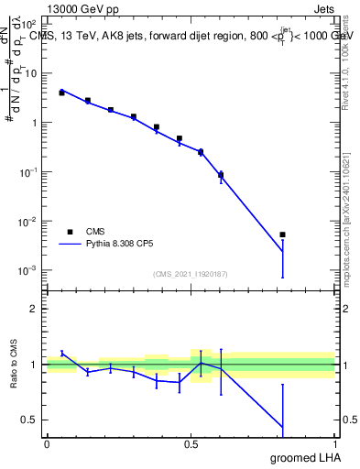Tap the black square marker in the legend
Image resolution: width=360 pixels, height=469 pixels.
point(70,232)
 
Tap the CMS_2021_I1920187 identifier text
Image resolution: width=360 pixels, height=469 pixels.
point(190,274)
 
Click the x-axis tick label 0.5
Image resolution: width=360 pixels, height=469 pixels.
point(191,443)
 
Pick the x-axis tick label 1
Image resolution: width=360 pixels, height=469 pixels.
point(334,443)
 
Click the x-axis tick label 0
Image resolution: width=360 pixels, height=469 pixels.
point(47,443)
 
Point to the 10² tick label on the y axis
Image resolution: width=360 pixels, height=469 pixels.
point(28,24)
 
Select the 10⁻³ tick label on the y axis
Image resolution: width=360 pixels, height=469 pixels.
point(28,271)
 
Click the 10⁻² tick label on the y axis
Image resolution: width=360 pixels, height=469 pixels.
point(28,222)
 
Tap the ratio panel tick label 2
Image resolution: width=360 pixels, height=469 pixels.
point(35,309)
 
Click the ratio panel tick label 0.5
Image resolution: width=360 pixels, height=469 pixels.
point(30,420)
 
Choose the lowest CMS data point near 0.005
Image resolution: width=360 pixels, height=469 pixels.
point(283,235)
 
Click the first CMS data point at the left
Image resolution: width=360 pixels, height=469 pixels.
point(61,93)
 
